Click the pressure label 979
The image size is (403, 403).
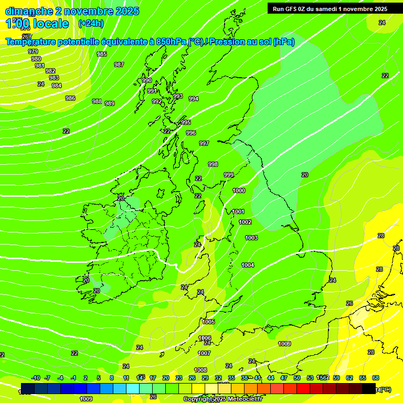pyautogui.click(x=33, y=51)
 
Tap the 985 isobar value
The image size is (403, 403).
pyautogui.click(x=102, y=54)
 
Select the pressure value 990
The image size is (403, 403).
pyautogui.click(x=147, y=80)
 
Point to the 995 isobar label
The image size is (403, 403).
pyautogui.click(x=186, y=122)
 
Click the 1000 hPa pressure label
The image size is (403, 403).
pyautogui.click(x=239, y=190)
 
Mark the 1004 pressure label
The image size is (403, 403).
pyautogui.click(x=248, y=265)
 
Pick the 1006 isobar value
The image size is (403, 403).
pyautogui.click(x=205, y=338)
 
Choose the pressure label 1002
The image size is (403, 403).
pyautogui.click(x=245, y=222)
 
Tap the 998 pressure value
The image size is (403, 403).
pyautogui.click(x=213, y=164)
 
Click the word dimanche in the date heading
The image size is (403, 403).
pyautogui.click(x=29, y=11)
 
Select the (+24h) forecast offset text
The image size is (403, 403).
pyautogui.click(x=91, y=24)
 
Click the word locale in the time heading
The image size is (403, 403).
pyautogui.click(x=50, y=24)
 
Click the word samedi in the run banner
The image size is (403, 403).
pyautogui.click(x=330, y=8)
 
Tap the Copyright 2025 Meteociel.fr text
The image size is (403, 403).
pyautogui.click(x=222, y=399)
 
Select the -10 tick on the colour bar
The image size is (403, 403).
pyautogui.click(x=36, y=378)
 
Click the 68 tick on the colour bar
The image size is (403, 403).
pyautogui.click(x=376, y=378)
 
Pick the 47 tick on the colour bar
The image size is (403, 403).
pyautogui.click(x=284, y=378)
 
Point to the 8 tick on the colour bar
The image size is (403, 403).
pyautogui.click(x=112, y=378)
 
